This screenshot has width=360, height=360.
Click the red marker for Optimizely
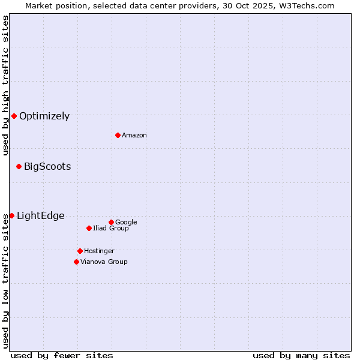[x=14, y=116]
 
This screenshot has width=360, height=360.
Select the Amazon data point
[x=118, y=135]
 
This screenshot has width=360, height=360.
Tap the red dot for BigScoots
[x=19, y=166]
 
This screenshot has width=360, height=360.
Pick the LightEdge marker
[x=11, y=215]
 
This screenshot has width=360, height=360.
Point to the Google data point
[x=111, y=222]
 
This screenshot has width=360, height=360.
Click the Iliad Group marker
[x=89, y=228]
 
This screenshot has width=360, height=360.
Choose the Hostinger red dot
[x=80, y=251]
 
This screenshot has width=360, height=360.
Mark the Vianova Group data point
[x=76, y=262]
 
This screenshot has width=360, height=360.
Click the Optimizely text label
[x=44, y=116]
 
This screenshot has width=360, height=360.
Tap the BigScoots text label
[x=47, y=167]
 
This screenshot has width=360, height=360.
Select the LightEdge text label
[x=40, y=216]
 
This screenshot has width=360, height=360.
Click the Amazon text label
[x=134, y=136]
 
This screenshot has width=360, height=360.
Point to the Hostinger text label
[x=99, y=251]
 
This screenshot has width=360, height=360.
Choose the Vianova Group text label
[x=104, y=262]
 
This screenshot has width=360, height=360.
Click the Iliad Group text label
[x=111, y=229]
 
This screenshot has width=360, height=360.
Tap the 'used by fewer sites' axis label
[x=62, y=355]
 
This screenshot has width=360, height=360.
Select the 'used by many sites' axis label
[x=301, y=355]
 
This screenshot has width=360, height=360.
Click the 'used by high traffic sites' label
[x=5, y=85]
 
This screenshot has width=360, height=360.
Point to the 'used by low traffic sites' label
[x=5, y=281]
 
